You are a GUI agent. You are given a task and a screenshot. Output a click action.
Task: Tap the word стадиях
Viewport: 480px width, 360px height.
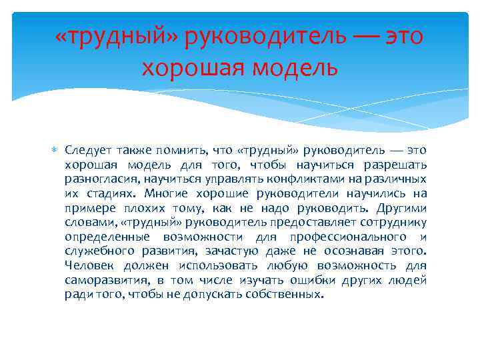[x=111, y=194]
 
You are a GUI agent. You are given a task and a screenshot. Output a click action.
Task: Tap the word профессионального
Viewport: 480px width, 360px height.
[x=343, y=237]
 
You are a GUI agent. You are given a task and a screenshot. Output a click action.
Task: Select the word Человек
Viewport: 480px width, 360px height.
[x=88, y=266]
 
